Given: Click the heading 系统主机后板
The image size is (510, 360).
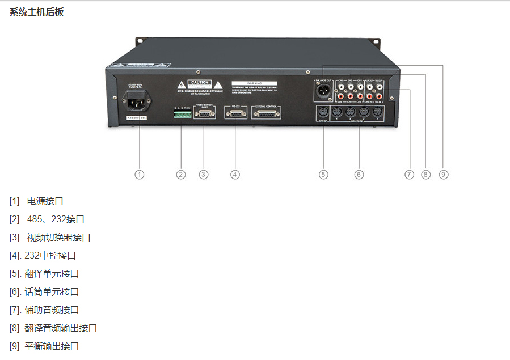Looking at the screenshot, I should pos(36,12).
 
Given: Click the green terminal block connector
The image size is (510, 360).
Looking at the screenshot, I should pos(182,115).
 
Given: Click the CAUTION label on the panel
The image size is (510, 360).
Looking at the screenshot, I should pos(200,83).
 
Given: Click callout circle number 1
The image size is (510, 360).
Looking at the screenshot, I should pos(139,175).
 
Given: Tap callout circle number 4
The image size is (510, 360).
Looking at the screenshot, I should pos(235,175).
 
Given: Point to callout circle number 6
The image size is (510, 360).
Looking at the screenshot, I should pos(359,175).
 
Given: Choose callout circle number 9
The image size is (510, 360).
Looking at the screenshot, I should pos(444,175).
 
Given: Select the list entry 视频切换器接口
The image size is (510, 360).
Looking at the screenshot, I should pos(58,238).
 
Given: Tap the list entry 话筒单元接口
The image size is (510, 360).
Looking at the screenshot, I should pos(52,292).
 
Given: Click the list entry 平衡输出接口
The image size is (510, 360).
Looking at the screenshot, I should pos(52,346).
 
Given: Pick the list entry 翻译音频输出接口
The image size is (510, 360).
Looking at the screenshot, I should pos(61,328).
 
